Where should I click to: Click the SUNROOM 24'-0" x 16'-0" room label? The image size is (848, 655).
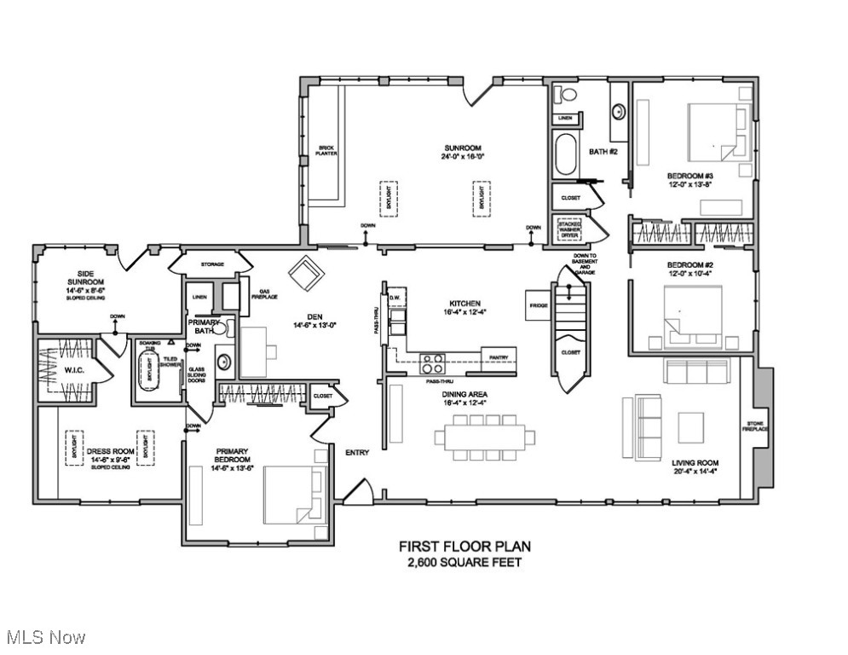457,152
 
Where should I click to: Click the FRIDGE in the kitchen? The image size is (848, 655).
539,305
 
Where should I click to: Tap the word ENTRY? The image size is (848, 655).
356,453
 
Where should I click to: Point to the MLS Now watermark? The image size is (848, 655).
44,636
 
